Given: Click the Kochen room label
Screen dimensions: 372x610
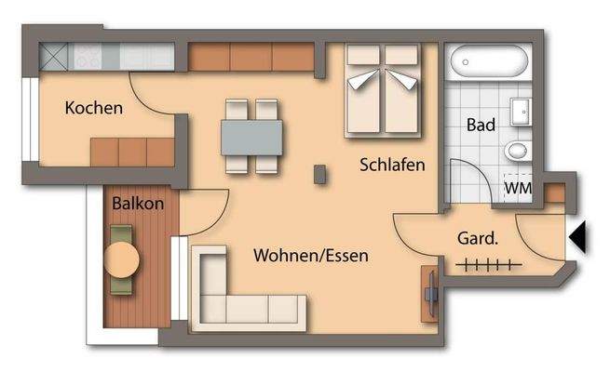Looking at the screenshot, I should pos(93,108).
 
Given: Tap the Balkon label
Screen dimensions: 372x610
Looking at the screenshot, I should pos(138,204).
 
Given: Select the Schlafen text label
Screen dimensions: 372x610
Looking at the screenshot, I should pos(393,165).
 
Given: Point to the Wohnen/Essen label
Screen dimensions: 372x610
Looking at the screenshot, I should pos(311,255).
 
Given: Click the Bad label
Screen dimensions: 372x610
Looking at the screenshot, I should pos(481,124).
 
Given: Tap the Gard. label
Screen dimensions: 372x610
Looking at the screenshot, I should pos(478,238).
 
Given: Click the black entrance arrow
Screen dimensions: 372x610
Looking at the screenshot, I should pos(578,238).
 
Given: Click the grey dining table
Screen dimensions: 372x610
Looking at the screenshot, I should pos(251,137).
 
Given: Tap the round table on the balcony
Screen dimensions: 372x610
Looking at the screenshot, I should pos(122,259).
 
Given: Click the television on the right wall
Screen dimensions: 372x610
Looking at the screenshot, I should pos(431,293).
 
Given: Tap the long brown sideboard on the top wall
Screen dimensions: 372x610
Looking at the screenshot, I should pos(252,58).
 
